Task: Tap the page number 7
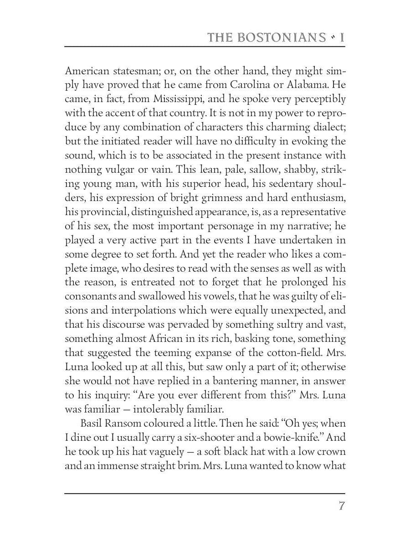[341, 506]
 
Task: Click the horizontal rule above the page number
[205, 493]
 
